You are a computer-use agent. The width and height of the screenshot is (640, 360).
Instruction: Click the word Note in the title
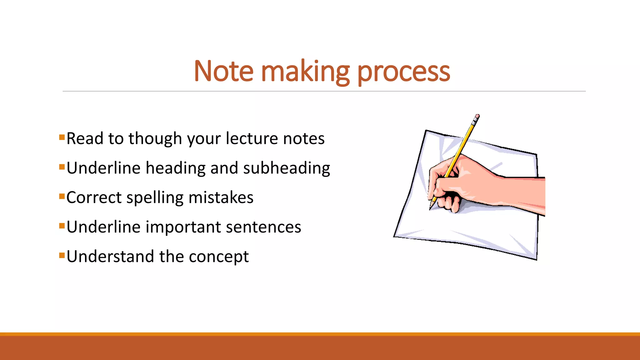click(223, 72)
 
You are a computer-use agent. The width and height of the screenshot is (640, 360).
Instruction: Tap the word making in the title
click(305, 72)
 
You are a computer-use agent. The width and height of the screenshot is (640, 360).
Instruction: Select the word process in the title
click(403, 72)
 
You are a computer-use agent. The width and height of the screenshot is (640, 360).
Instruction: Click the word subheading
click(287, 168)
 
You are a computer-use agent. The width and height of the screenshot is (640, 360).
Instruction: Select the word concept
click(219, 257)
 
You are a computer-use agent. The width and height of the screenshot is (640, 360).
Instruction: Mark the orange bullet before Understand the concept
click(62, 256)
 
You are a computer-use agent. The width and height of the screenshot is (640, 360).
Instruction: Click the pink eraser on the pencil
click(477, 117)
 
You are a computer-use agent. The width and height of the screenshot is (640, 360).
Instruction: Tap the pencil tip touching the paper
click(431, 208)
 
